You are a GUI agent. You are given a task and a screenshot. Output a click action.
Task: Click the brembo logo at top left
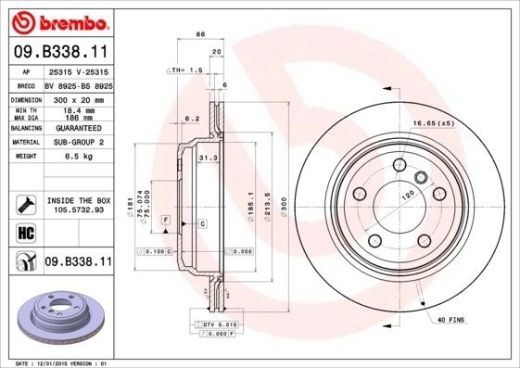tap(58, 20)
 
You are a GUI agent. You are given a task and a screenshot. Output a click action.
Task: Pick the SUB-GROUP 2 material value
tap(75, 143)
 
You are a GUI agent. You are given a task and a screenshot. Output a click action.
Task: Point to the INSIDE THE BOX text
tap(78, 200)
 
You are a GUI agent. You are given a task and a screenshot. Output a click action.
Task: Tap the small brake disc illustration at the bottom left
tap(58, 315)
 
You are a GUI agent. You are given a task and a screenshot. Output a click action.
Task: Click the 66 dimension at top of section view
tap(199, 35)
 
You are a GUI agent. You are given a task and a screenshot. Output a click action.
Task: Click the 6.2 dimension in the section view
tap(192, 119)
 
